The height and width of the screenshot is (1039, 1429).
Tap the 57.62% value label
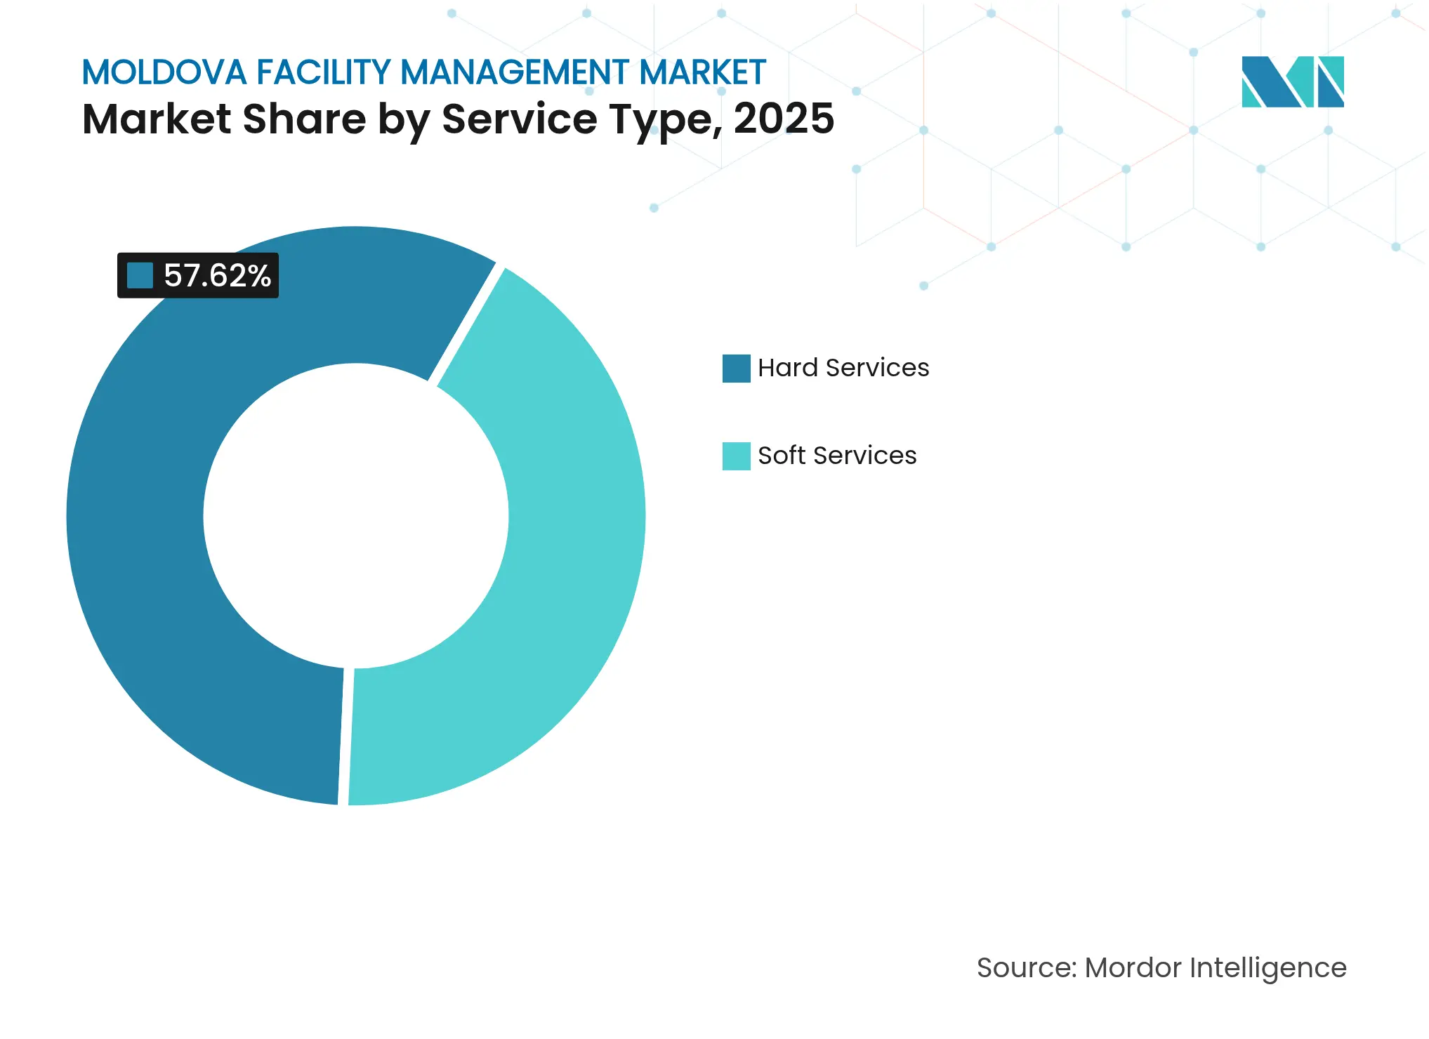point(217,276)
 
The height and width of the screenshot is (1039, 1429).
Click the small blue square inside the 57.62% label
point(140,276)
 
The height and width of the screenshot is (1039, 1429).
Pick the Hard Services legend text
point(843,368)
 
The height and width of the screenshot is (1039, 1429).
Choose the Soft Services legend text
point(837,456)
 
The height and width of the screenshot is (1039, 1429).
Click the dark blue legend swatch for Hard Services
point(736,369)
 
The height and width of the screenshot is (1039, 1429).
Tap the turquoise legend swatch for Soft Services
point(736,456)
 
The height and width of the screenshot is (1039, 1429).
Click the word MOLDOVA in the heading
point(164,73)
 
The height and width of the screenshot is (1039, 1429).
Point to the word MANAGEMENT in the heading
point(515,73)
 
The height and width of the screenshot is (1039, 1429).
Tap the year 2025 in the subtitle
point(784,119)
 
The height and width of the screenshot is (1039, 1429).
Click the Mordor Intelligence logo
point(1292,82)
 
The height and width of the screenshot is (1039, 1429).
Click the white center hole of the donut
point(356,516)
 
